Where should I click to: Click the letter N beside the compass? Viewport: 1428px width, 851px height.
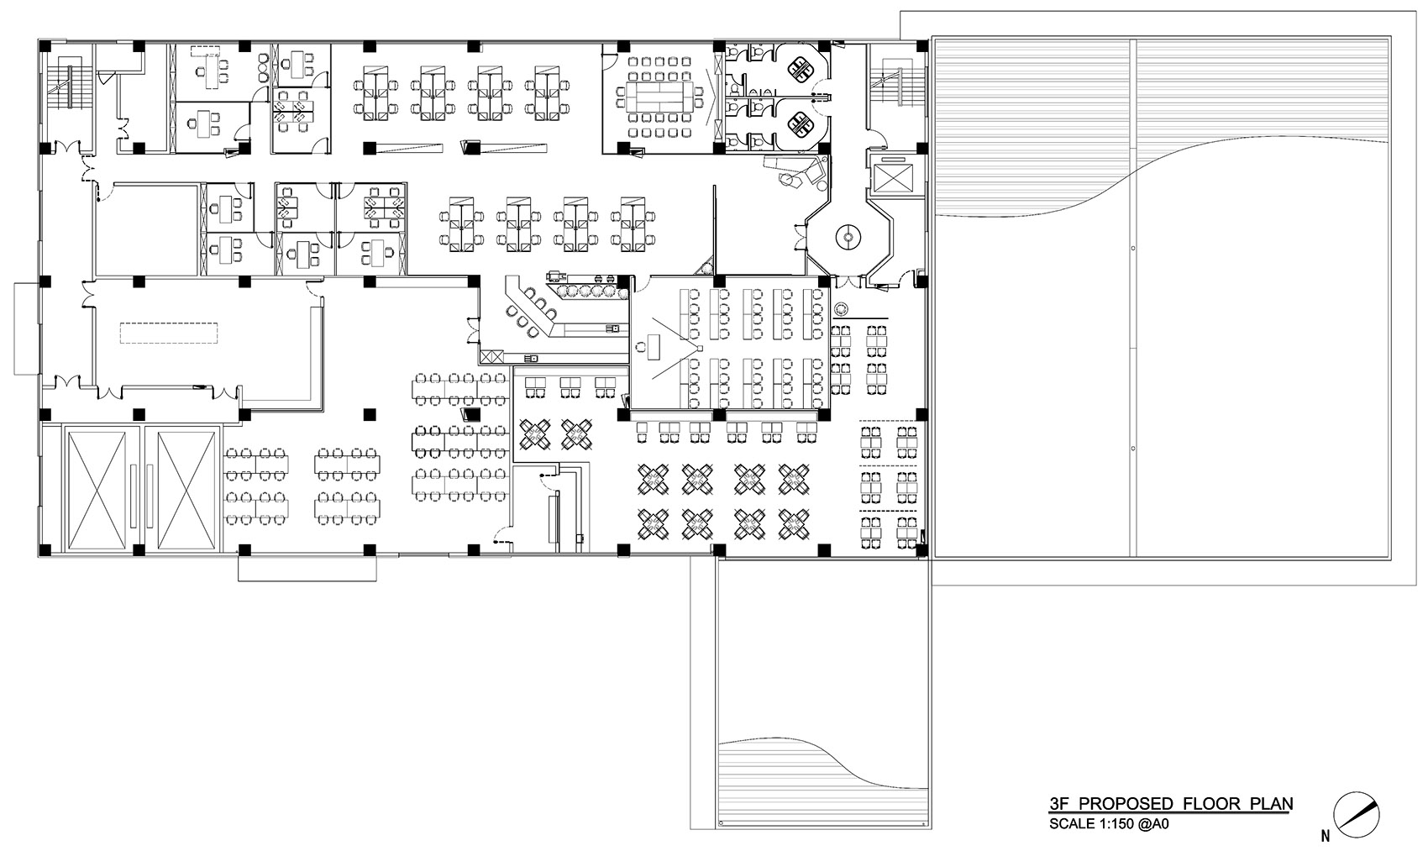pyautogui.click(x=1325, y=836)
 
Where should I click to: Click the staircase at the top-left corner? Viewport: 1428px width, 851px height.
pyautogui.click(x=67, y=84)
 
